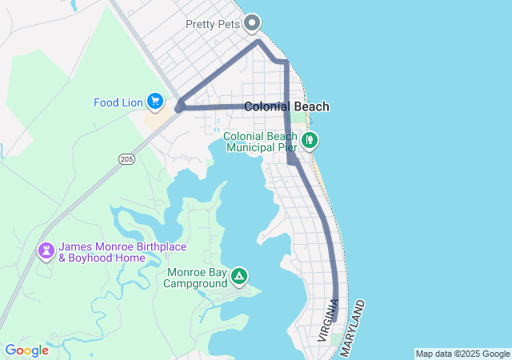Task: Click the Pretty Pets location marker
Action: click(x=253, y=22)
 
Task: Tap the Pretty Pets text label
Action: click(x=213, y=23)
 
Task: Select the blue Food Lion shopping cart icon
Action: click(x=155, y=102)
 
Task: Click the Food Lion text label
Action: click(x=118, y=102)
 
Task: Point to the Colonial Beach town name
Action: click(x=286, y=106)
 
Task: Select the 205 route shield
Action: click(x=127, y=159)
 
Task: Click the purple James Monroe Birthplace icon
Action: click(x=46, y=251)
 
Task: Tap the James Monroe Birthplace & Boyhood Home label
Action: click(x=102, y=252)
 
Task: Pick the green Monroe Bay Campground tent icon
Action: click(x=238, y=278)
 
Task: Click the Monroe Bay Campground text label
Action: click(x=197, y=278)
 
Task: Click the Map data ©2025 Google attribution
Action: click(x=462, y=354)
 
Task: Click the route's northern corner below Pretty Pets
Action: click(x=258, y=41)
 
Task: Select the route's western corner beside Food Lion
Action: click(x=179, y=106)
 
